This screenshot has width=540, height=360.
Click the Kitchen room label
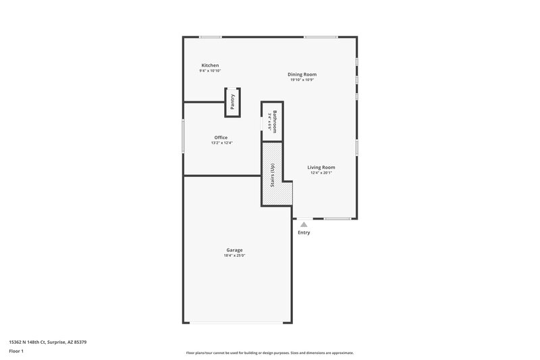coord(210,66)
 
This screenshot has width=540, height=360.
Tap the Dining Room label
coord(302,74)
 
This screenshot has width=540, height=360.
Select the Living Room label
coord(321,168)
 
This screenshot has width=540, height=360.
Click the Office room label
coord(221,137)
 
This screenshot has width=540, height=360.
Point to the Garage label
coord(234,250)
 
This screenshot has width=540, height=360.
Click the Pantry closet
coord(232,102)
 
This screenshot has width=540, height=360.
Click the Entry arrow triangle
coord(304,224)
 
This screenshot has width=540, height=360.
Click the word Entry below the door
coord(304,233)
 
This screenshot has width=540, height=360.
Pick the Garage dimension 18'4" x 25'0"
coord(234,255)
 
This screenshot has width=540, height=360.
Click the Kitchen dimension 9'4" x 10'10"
coord(210,71)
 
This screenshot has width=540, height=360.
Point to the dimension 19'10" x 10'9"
coord(302,80)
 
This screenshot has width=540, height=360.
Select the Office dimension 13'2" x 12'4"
coord(221,143)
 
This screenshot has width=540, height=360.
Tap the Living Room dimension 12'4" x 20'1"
coord(321,173)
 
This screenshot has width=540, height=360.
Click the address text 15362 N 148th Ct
coord(47,342)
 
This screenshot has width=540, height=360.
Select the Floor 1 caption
coord(17,352)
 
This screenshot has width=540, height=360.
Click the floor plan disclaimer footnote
coord(270,353)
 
